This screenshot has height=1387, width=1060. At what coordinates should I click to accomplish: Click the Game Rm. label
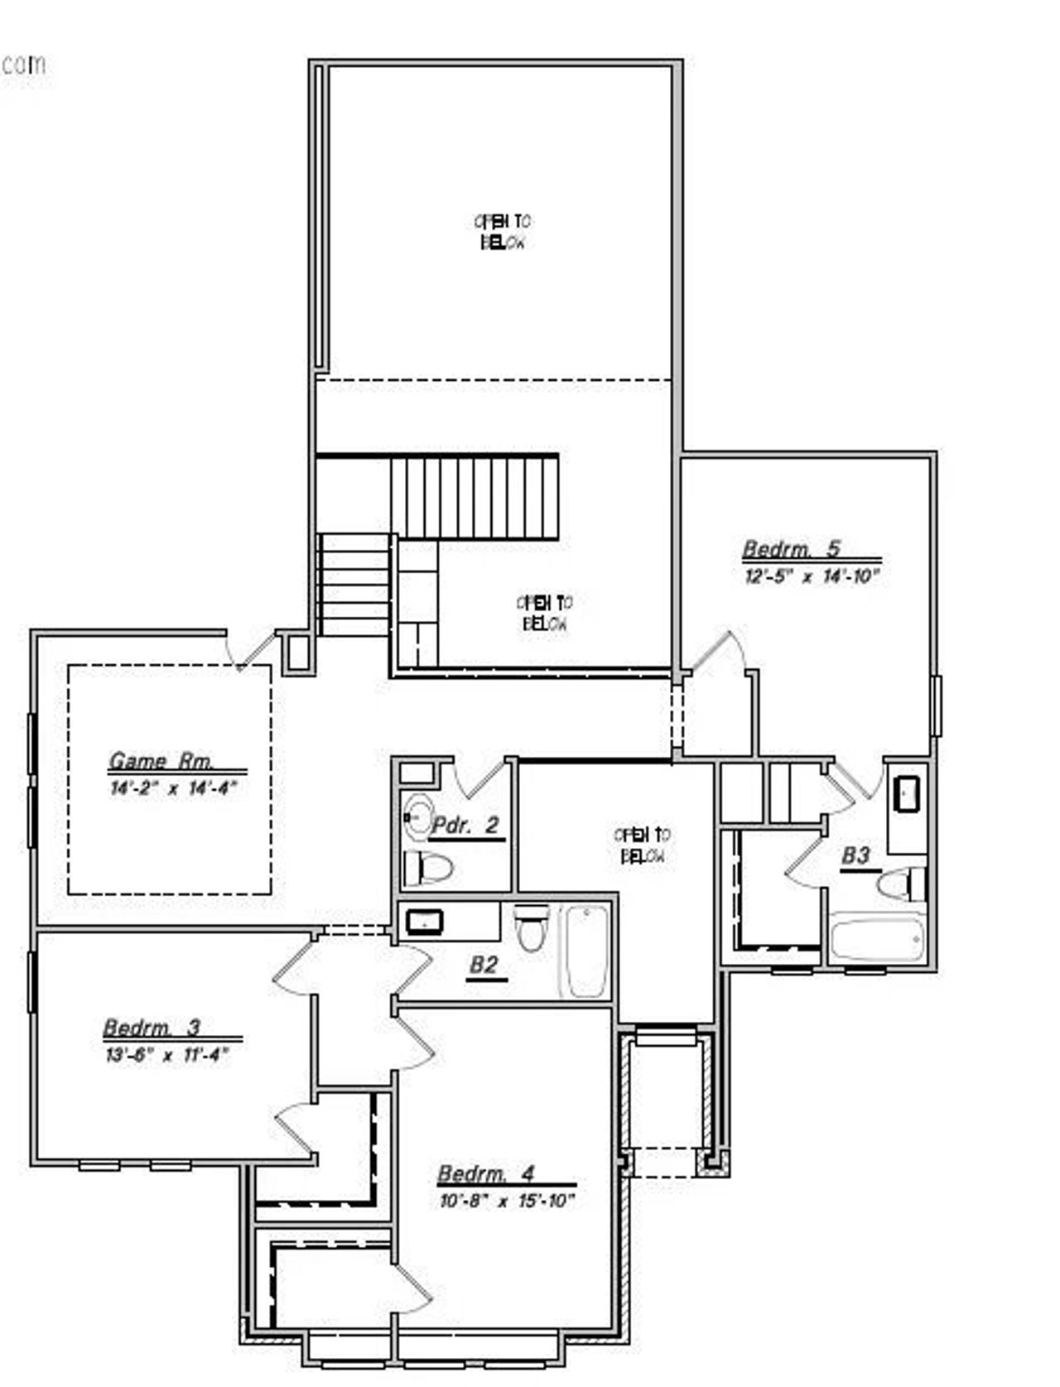[161, 761]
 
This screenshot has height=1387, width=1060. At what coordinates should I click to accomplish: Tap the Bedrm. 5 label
[791, 549]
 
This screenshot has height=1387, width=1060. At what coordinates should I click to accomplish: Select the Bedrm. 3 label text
[152, 1028]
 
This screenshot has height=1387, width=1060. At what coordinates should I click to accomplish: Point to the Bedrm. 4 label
[485, 1174]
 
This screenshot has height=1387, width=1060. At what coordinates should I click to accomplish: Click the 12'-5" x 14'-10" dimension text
[811, 576]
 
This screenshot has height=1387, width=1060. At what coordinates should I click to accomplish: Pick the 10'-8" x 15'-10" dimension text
[506, 1202]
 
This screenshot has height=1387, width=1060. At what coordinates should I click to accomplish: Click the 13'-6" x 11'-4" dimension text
[166, 1055]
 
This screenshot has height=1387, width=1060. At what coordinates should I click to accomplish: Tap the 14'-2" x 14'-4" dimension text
[173, 787]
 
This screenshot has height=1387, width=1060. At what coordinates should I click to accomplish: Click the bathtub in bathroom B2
[587, 951]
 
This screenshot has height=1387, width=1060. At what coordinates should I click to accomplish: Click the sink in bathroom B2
[425, 921]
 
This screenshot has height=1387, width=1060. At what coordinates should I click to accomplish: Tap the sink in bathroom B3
[908, 795]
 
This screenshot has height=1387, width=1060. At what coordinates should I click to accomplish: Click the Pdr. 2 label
[466, 826]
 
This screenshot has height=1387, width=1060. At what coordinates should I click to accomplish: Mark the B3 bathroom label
[855, 855]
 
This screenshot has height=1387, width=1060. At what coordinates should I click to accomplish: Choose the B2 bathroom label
[484, 965]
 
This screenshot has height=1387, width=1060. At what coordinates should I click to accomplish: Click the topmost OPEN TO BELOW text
[503, 232]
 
